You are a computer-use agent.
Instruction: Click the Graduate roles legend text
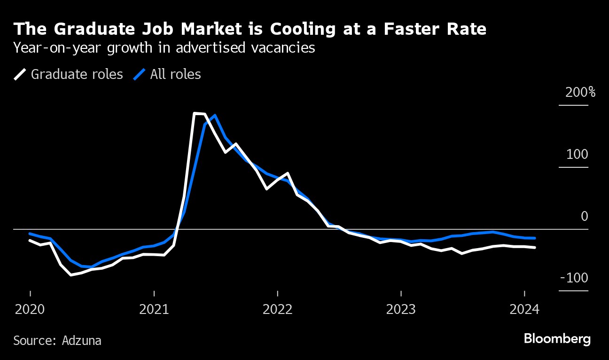(x=77, y=74)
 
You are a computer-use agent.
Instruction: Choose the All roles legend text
(x=175, y=74)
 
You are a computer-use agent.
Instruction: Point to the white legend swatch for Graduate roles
(x=20, y=74)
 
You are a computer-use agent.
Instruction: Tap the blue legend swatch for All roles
(x=139, y=74)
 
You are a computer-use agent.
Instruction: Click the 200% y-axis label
(x=580, y=92)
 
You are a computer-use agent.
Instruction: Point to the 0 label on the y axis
(x=585, y=216)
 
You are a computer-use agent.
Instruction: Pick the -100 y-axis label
(x=574, y=278)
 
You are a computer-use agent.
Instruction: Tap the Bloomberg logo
(x=557, y=339)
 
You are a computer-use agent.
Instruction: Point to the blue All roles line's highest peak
(x=214, y=115)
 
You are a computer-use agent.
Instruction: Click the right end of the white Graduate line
(x=535, y=247)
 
